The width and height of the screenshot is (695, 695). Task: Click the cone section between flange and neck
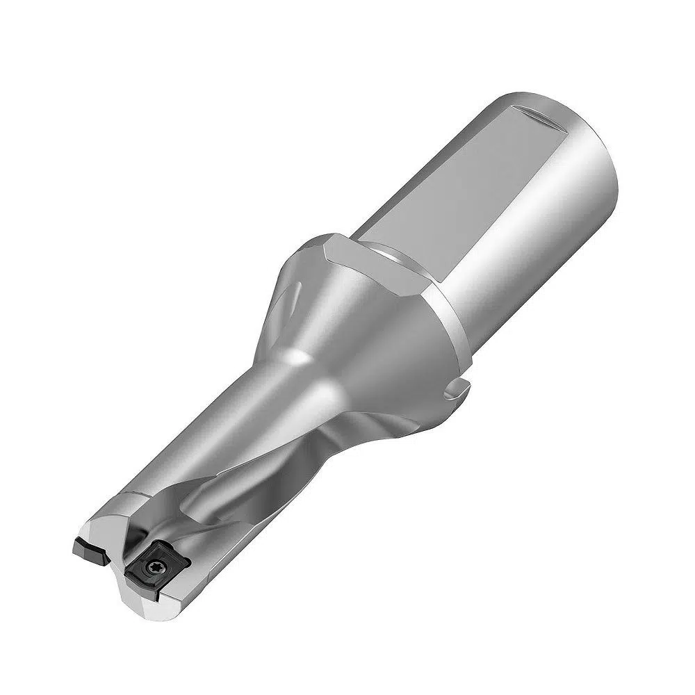click(347, 327)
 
